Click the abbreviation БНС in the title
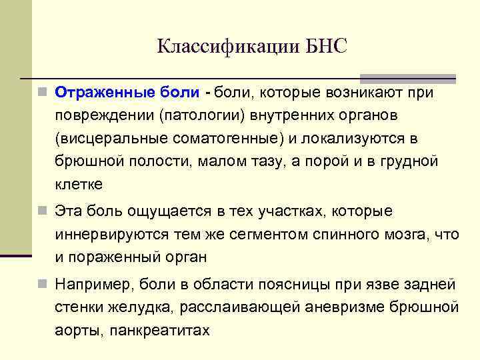coord(327,47)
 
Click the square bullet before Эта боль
coord(43,211)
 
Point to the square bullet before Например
coord(43,285)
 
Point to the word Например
coord(93,285)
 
